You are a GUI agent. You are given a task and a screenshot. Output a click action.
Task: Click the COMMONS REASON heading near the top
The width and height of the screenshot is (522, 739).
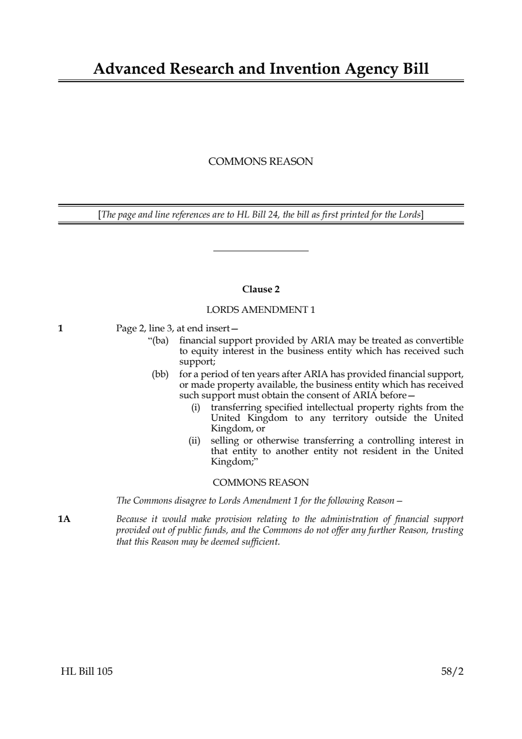point(260,162)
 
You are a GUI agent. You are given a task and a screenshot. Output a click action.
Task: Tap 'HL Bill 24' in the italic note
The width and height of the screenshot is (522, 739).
point(257,214)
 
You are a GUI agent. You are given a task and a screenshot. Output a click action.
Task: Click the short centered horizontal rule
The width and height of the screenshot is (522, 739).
point(260,251)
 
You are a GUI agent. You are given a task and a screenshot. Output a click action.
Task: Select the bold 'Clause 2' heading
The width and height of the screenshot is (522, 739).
point(260,289)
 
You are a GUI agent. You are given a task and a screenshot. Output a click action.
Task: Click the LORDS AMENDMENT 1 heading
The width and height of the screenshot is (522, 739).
point(260,310)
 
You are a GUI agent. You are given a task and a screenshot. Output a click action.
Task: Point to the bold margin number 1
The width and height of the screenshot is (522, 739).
point(61,328)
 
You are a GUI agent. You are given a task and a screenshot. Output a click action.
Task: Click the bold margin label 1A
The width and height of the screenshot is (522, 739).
point(64,519)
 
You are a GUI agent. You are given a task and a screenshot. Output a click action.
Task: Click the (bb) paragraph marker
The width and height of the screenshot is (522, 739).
point(160,374)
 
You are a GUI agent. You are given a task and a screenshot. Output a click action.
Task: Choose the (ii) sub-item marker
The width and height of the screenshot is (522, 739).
point(194,440)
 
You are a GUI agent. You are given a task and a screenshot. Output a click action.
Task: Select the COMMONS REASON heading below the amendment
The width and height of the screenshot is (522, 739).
point(260,482)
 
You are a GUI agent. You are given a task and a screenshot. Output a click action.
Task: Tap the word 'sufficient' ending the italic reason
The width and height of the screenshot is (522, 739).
point(261,541)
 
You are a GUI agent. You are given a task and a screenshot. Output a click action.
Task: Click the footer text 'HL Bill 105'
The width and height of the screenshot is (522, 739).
point(86,672)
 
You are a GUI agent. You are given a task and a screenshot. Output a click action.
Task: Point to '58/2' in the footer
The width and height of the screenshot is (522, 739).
point(452,672)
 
